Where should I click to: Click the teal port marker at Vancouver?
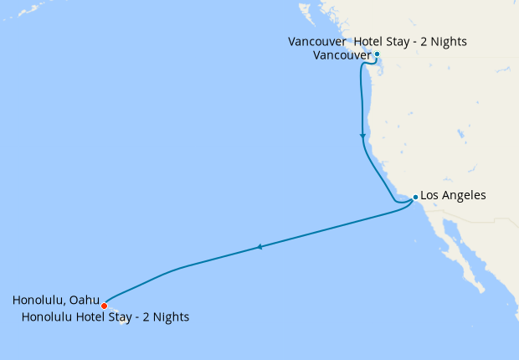377,54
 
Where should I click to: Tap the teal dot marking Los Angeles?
414,197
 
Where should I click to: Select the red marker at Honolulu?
104,306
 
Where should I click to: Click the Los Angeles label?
452,195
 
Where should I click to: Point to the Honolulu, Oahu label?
56,300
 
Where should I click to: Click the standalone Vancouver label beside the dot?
342,55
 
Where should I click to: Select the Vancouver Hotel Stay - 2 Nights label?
377,41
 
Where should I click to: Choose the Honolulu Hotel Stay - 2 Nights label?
105,317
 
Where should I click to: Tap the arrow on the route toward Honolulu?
259,247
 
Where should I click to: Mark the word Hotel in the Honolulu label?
88,317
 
